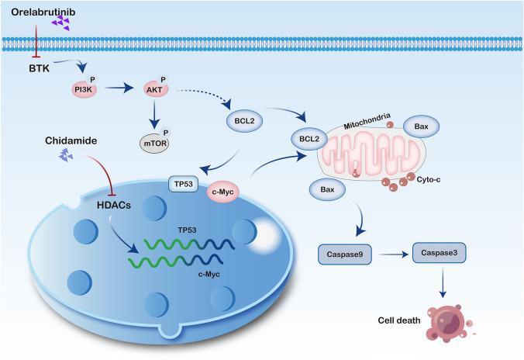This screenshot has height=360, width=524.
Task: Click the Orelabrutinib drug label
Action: pyautogui.click(x=38, y=13)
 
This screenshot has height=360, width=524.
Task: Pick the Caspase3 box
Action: pyautogui.click(x=439, y=253)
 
